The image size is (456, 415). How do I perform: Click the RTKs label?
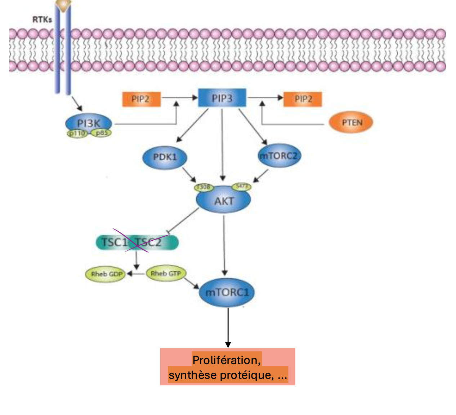pyautogui.click(x=42, y=19)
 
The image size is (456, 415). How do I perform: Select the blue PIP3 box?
pyautogui.click(x=222, y=98)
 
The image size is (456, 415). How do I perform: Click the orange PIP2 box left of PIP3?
pyautogui.click(x=141, y=99)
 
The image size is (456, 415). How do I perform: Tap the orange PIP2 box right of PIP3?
pyautogui.click(x=303, y=99)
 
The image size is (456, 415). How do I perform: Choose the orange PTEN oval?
pyautogui.click(x=351, y=123)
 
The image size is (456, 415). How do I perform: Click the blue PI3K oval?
pyautogui.click(x=89, y=123)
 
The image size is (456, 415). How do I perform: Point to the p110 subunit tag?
pyautogui.click(x=77, y=133)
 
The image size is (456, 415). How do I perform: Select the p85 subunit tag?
pyautogui.click(x=101, y=133)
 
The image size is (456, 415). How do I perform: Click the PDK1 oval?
pyautogui.click(x=165, y=157)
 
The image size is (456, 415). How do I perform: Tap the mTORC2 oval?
pyautogui.click(x=279, y=156)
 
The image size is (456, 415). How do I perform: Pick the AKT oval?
pyautogui.click(x=223, y=201)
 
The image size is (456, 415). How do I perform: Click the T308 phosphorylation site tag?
pyautogui.click(x=204, y=187)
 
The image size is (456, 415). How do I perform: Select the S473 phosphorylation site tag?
pyautogui.click(x=242, y=186)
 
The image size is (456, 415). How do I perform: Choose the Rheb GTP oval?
pyautogui.click(x=166, y=274)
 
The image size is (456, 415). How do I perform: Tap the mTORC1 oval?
pyautogui.click(x=227, y=292)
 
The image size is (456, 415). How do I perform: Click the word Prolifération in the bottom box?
pyautogui.click(x=226, y=360)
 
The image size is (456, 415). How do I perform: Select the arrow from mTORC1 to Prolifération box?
pyautogui.click(x=228, y=327)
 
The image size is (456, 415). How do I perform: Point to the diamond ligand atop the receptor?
pyautogui.click(x=63, y=4)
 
